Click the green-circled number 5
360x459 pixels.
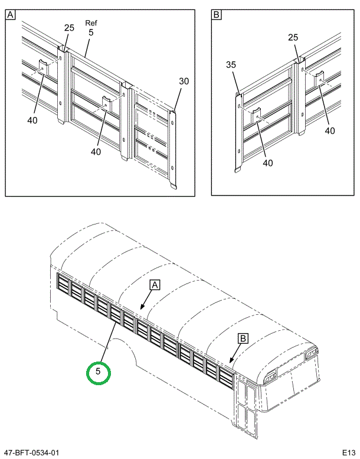tap(98, 372)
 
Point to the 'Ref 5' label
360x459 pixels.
tap(91, 28)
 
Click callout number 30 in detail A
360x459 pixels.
tap(184, 82)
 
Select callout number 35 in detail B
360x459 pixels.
tap(231, 65)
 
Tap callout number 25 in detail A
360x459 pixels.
tap(69, 28)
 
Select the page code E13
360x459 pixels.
tap(348, 453)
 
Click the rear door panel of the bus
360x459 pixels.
tap(246, 408)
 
